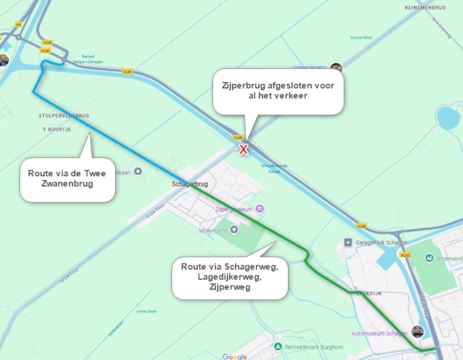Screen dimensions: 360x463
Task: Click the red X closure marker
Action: (243, 149)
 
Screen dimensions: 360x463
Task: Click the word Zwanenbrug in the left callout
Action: (66, 183)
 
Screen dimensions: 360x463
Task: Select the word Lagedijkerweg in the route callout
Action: (229, 276)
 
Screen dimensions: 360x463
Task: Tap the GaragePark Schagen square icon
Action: (347, 242)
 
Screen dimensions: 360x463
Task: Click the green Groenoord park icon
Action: (430, 257)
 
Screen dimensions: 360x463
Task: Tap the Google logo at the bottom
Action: (234, 356)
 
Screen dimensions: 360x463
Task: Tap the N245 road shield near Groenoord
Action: (404, 255)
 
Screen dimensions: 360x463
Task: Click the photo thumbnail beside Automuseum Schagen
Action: (417, 332)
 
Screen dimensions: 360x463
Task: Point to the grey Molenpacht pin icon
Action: (235, 229)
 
